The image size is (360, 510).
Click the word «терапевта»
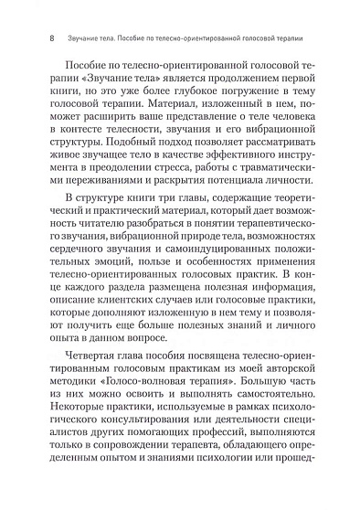click(191, 506)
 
